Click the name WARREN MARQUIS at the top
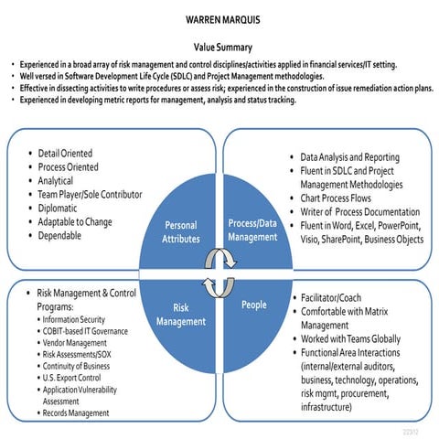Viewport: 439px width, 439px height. point(220,18)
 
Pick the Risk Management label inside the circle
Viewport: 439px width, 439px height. point(180,315)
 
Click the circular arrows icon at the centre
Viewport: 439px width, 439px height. point(219,272)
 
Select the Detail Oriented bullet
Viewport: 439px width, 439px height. point(65,153)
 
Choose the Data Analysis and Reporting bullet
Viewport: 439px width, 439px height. point(343,158)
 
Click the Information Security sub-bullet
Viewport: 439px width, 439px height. point(80,320)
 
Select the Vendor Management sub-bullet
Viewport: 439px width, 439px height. point(80,343)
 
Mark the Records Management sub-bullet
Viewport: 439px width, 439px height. point(80,413)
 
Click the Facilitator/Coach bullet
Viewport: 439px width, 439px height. point(331,298)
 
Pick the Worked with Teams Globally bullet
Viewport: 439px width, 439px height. point(353,339)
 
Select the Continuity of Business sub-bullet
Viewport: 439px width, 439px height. point(80,366)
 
